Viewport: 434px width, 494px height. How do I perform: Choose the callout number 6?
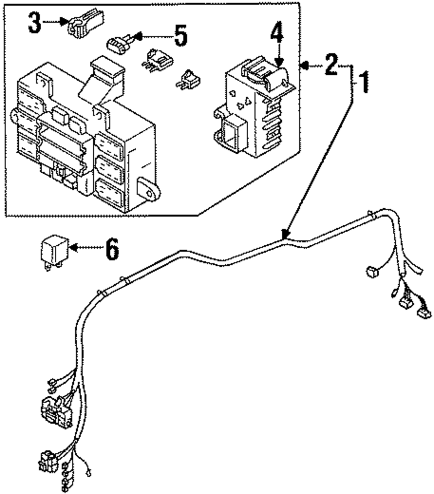[112, 249]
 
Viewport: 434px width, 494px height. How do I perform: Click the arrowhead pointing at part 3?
[65, 21]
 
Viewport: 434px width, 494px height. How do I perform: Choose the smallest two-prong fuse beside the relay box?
[189, 79]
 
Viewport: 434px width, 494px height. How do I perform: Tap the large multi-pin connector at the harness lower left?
[56, 412]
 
